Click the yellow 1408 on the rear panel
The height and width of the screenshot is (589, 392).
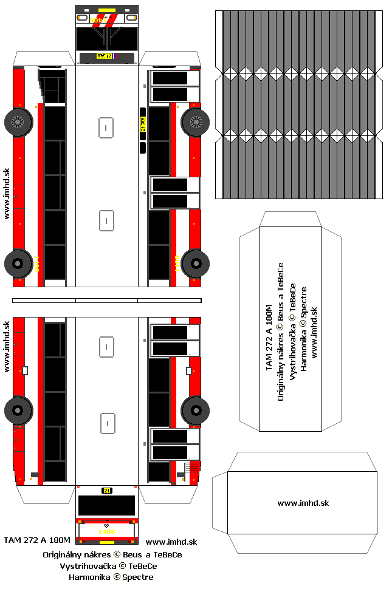pyautogui.click(x=107, y=532)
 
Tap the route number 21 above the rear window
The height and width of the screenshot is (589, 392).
pyautogui.click(x=107, y=490)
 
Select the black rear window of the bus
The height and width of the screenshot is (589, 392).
pyautogui.click(x=107, y=505)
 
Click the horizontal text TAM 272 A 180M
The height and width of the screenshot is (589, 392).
pyautogui.click(x=37, y=540)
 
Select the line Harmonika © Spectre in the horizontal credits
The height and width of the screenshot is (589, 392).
pyautogui.click(x=111, y=577)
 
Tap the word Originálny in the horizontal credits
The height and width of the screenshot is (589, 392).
pyautogui.click(x=63, y=554)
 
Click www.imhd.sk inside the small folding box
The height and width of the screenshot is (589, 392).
pyautogui.click(x=303, y=503)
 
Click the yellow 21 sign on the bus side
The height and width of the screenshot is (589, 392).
pyautogui.click(x=143, y=128)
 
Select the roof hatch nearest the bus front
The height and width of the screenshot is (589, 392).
pyautogui.click(x=106, y=128)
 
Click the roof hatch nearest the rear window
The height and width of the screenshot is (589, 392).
pyautogui.click(x=107, y=423)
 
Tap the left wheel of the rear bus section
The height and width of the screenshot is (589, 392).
pyautogui.click(x=18, y=410)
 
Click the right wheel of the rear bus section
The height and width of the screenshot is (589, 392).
pyautogui.click(x=195, y=410)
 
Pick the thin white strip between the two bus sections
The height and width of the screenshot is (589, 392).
pyautogui.click(x=107, y=300)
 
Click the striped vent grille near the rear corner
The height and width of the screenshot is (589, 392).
pyautogui.click(x=192, y=468)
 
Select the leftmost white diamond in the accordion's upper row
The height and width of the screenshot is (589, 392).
pyautogui.click(x=230, y=73)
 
